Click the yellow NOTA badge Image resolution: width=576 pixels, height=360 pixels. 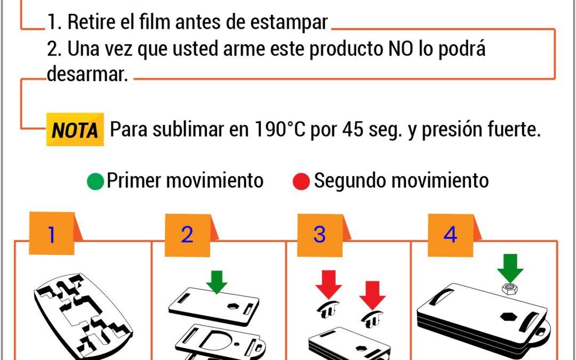coord(75,129)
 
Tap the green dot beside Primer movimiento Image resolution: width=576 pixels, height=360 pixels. coord(95,181)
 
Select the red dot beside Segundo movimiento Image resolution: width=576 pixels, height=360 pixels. coord(301,181)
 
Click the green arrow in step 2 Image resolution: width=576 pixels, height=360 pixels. coord(217,282)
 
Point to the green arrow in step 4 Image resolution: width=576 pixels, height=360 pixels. coord(510,268)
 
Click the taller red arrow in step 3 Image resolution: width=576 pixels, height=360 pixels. coord(329,284)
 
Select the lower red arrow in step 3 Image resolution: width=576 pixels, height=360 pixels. coord(372,295)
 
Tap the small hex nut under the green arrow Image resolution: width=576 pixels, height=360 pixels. coord(509,289)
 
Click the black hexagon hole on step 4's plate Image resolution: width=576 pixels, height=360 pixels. coord(509,317)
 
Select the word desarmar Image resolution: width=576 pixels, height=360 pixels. coord(87,74)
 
